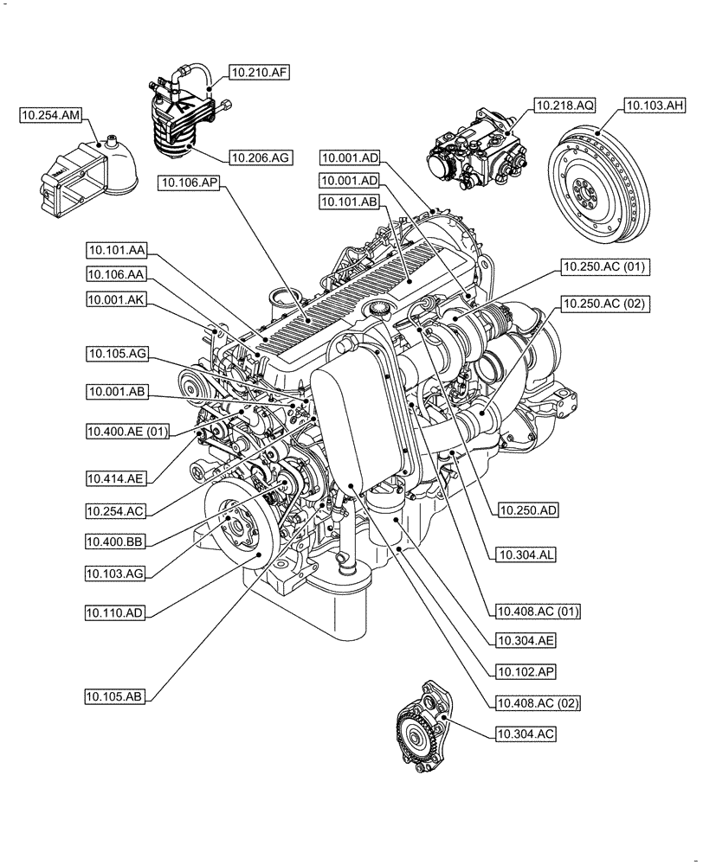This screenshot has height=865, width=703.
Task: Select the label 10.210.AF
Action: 258,74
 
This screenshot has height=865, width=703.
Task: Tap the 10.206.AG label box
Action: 258,157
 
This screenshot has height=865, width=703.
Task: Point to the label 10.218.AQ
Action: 564,106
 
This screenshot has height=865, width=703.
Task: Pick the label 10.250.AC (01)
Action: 604,266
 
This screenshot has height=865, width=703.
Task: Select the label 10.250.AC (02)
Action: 604,304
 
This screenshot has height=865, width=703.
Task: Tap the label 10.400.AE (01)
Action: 128,430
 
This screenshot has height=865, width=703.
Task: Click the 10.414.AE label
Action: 116,477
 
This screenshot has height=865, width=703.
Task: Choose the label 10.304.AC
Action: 525,734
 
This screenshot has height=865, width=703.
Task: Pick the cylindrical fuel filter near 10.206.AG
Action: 182,121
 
